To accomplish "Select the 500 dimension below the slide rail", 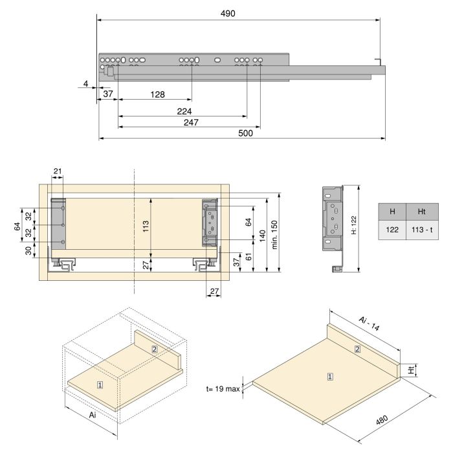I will click(x=245, y=133).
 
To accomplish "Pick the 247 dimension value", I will click(x=190, y=122).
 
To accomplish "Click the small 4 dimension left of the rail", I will click(x=85, y=83).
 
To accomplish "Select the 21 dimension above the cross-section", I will click(x=58, y=171).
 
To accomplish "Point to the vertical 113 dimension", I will click(x=146, y=226).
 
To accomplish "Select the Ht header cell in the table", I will click(x=422, y=212).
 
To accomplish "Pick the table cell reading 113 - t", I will click(x=422, y=230).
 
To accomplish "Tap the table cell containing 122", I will click(x=392, y=230).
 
